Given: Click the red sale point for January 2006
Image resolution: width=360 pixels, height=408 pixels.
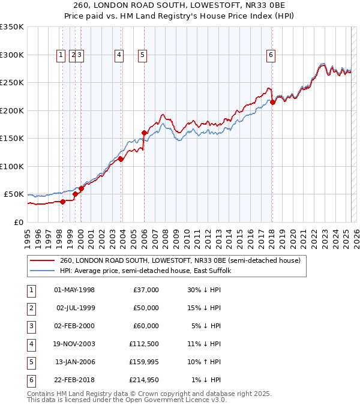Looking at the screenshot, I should [x=144, y=133].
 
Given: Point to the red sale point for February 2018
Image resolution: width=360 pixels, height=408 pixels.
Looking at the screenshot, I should [x=272, y=102].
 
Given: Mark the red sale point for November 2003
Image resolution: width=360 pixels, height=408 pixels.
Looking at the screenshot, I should [x=121, y=159].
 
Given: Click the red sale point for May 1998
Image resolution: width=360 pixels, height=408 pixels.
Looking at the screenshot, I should [x=62, y=202].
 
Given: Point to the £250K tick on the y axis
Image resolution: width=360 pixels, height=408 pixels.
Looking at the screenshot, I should [x=13, y=82].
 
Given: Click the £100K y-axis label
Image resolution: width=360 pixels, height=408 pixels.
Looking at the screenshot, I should [x=13, y=166].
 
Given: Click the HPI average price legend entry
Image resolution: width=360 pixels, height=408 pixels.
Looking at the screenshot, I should [x=149, y=271].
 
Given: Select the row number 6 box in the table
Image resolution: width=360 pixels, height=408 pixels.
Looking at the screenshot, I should [x=31, y=380].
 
